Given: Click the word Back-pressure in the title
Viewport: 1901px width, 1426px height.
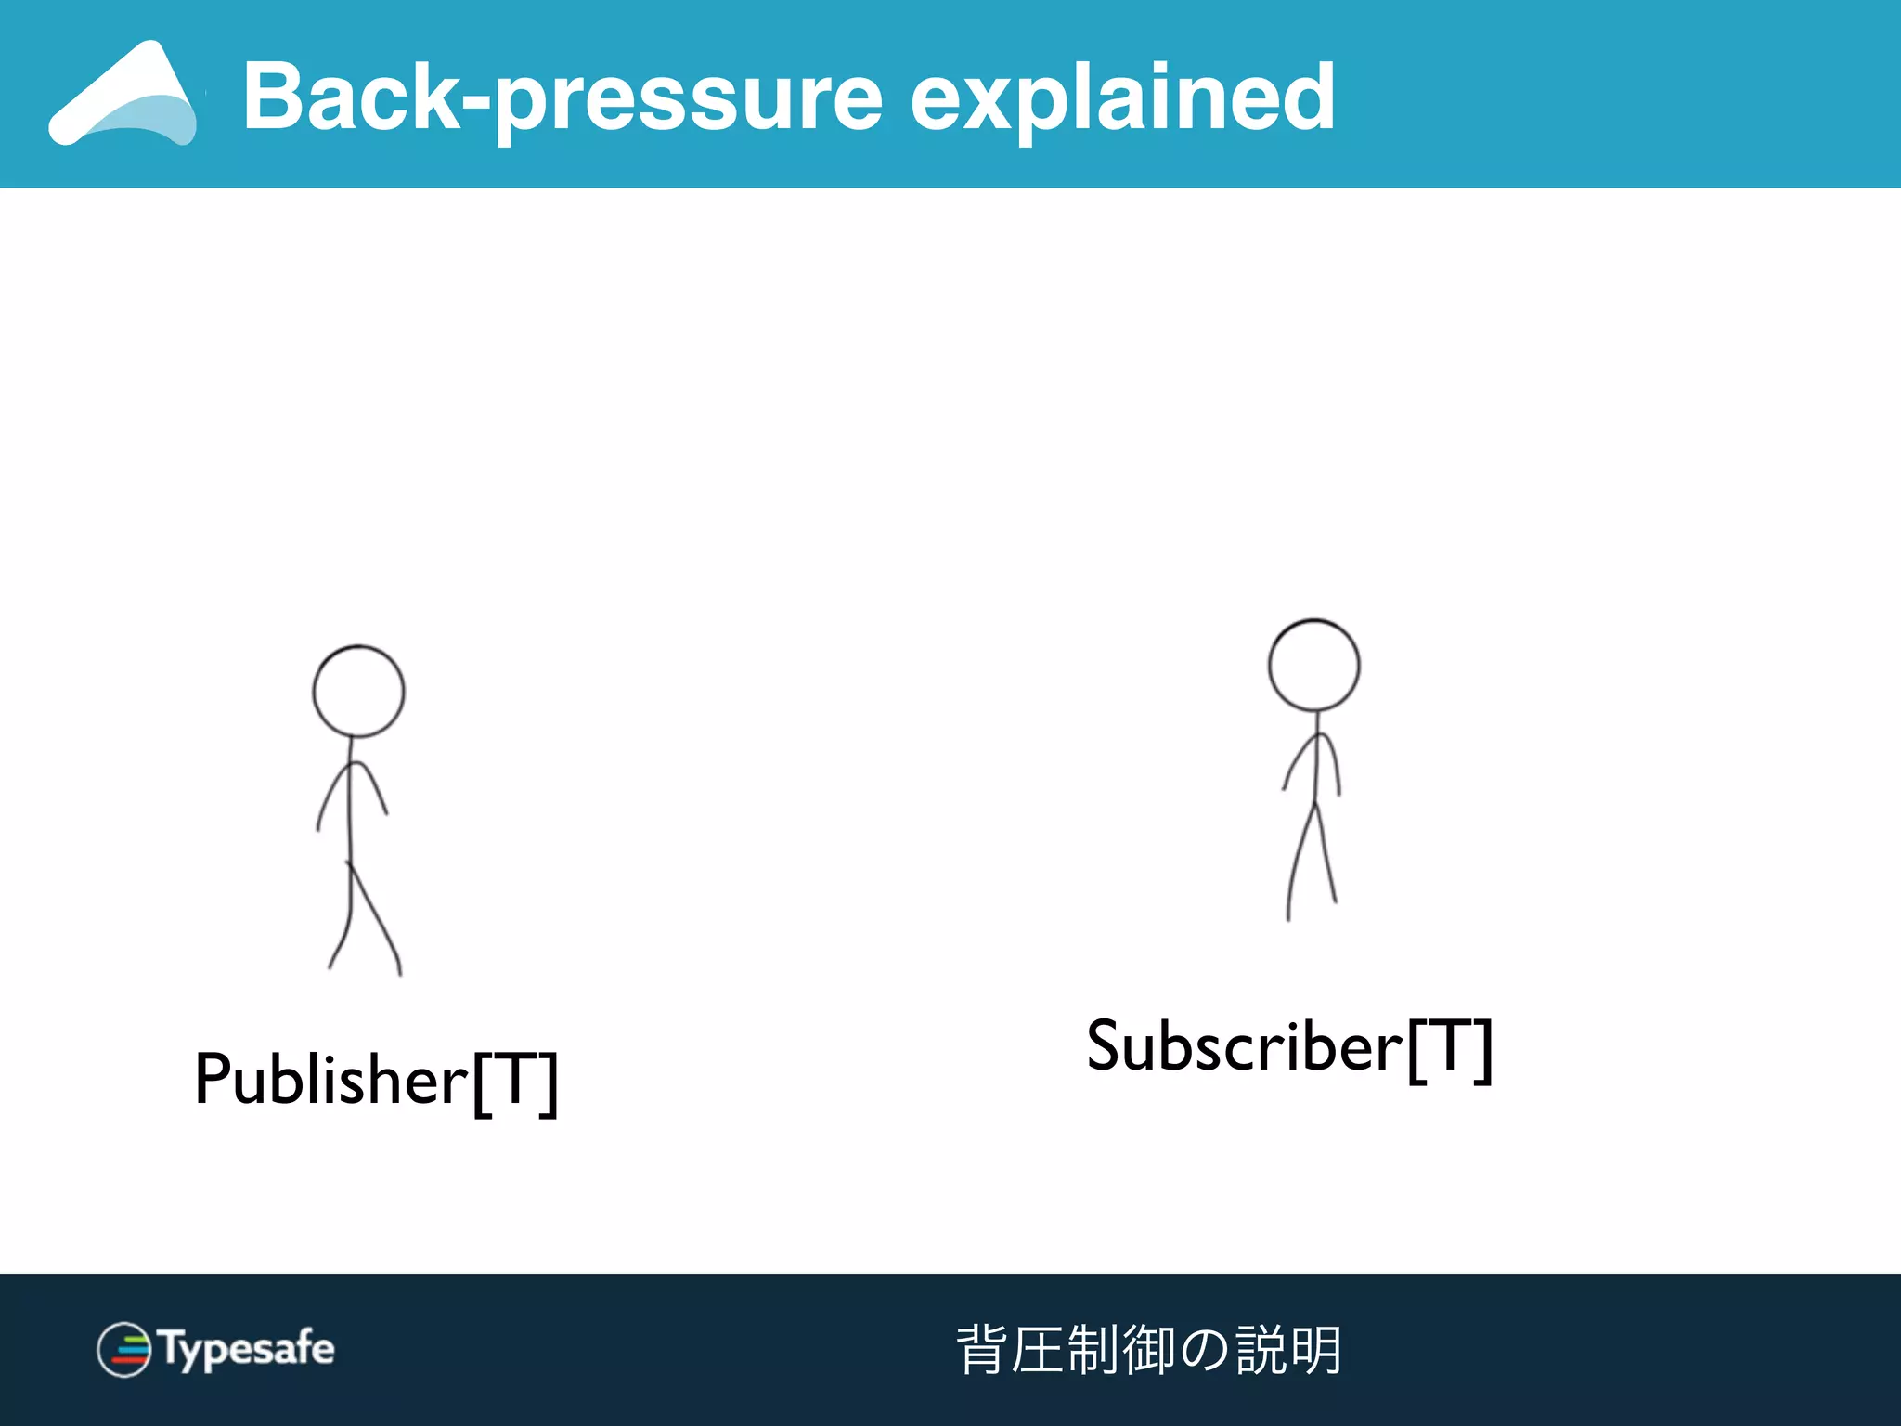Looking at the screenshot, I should pyautogui.click(x=562, y=97).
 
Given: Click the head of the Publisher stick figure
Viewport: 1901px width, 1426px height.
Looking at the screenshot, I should pyautogui.click(x=358, y=692).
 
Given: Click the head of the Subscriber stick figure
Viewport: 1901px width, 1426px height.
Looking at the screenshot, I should pyautogui.click(x=1313, y=665).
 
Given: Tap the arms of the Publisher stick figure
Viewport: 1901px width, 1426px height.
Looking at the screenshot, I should pyautogui.click(x=352, y=789).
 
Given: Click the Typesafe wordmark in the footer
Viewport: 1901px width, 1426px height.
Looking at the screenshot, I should pyautogui.click(x=246, y=1348).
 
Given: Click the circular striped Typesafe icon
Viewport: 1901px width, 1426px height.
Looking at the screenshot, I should pyautogui.click(x=123, y=1349).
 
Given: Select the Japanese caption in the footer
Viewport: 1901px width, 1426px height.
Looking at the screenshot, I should pyautogui.click(x=1148, y=1349).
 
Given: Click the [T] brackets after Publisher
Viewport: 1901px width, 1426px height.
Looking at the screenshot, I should pyautogui.click(x=515, y=1082).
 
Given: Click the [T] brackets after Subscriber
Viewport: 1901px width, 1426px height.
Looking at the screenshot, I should pyautogui.click(x=1449, y=1049).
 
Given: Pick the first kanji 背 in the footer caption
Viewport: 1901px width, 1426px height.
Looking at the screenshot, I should pyautogui.click(x=982, y=1349).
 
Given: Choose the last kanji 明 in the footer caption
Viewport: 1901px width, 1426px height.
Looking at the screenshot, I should pyautogui.click(x=1315, y=1349).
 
